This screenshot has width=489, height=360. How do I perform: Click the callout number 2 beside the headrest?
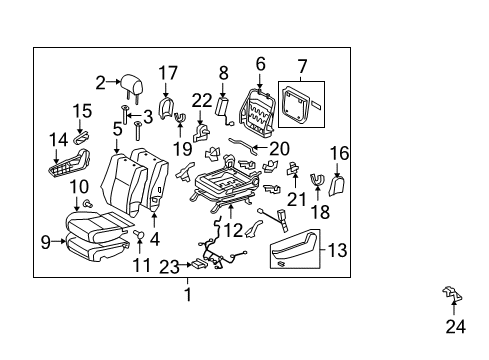tap(101, 82)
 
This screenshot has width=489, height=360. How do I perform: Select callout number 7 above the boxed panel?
tap(302, 70)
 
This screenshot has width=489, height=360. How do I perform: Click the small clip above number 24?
tap(453, 293)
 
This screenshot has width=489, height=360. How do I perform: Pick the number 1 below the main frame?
tap(186, 294)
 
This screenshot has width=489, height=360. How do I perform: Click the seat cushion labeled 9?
tap(95, 245)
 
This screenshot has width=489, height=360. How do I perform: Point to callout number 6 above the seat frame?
tap(260, 63)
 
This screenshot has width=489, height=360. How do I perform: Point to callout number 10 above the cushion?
tap(79, 187)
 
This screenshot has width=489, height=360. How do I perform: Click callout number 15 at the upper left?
tap(80, 112)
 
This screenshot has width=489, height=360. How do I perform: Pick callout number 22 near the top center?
tap(203, 100)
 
